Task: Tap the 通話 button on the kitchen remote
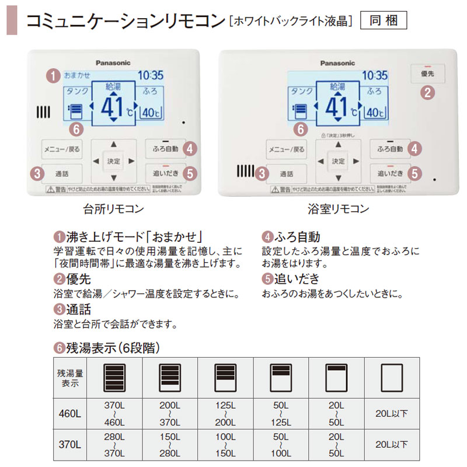(x=61, y=173)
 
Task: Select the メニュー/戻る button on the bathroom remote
(x=286, y=149)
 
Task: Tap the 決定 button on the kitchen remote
(x=113, y=161)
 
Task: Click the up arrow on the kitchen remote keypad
(x=113, y=144)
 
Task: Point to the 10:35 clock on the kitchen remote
(x=150, y=75)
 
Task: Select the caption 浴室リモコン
(x=339, y=208)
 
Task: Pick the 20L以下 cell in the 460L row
(x=392, y=414)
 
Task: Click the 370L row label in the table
(x=69, y=445)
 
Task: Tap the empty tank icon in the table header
(x=392, y=377)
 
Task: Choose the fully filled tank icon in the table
(x=114, y=377)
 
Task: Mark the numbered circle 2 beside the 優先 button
(x=428, y=92)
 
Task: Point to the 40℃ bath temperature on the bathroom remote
(x=376, y=112)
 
